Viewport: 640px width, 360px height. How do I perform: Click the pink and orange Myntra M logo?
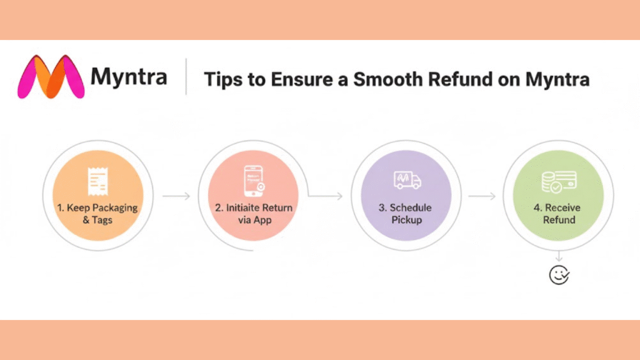51,77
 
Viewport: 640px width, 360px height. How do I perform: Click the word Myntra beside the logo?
129,77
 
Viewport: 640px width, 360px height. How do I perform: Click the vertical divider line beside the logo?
186,77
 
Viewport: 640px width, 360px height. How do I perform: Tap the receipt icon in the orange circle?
96,180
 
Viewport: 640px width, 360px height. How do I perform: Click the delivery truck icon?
407,180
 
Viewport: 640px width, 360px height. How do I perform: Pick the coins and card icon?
559,181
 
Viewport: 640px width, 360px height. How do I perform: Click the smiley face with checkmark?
559,274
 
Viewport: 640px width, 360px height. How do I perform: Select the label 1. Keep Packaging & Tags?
97,214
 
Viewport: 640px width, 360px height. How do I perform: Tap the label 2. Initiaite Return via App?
254,214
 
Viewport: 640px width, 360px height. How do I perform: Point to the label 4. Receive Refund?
559,214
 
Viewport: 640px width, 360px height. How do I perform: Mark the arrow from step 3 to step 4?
482,196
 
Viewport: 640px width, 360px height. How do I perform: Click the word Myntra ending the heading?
556,80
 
